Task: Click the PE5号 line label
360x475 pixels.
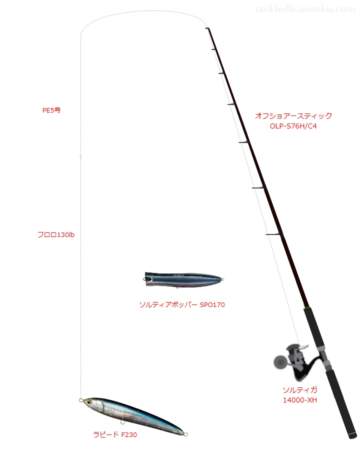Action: [x=51, y=110]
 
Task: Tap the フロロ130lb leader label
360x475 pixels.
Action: [x=56, y=235]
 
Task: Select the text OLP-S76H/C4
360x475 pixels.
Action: [x=293, y=126]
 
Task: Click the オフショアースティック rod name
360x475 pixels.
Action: [x=293, y=115]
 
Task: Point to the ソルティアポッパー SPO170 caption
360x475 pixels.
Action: [x=182, y=305]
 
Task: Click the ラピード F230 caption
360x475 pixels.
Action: [x=115, y=434]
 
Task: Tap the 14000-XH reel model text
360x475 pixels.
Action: [x=299, y=400]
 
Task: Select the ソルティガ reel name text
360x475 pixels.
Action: [x=300, y=390]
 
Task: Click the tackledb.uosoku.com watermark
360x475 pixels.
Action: [x=305, y=9]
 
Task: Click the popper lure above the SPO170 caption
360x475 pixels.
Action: [x=184, y=279]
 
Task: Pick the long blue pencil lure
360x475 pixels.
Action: [x=133, y=416]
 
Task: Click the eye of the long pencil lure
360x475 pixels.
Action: [x=89, y=402]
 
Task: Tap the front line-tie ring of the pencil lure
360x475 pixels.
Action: [x=81, y=400]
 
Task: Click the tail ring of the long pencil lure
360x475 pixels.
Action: [x=186, y=434]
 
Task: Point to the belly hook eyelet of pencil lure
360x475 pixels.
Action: [x=122, y=422]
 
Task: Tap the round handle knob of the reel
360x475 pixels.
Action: [x=280, y=362]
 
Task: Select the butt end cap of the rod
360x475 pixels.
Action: [x=352, y=436]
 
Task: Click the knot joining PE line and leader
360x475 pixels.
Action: [x=80, y=156]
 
